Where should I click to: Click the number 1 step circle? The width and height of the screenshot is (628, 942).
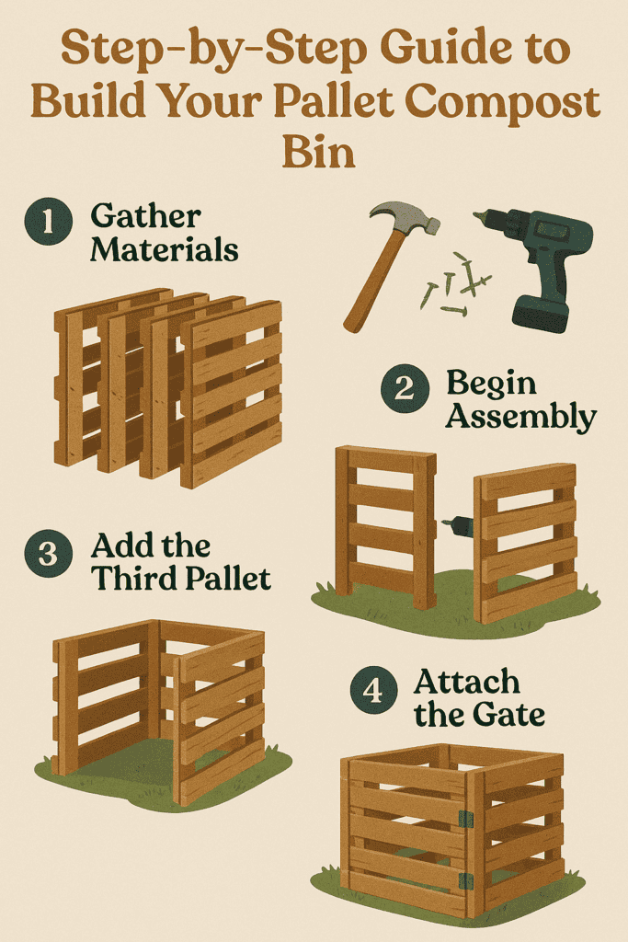click(49, 221)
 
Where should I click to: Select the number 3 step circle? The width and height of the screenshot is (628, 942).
click(49, 553)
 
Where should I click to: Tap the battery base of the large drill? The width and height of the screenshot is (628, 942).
click(541, 314)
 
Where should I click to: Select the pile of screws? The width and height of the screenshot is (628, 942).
click(456, 284)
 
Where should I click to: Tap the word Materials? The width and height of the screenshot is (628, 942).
click(165, 249)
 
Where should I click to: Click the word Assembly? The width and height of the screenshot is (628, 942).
click(520, 417)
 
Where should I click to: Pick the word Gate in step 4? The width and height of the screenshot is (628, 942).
click(508, 715)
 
